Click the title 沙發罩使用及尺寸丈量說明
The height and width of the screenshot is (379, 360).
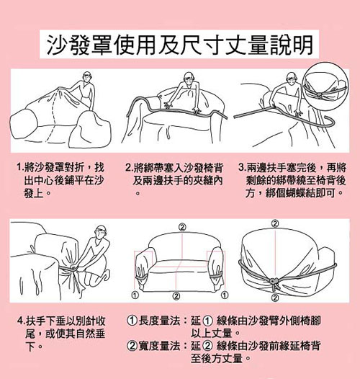click(x=179, y=45)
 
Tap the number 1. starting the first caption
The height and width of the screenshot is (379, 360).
click(x=20, y=167)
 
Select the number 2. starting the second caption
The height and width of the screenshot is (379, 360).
click(x=130, y=167)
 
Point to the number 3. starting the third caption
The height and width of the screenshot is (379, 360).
click(x=242, y=167)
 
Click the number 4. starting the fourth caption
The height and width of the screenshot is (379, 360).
click(x=22, y=321)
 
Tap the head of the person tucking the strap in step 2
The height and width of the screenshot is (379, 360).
click(x=189, y=77)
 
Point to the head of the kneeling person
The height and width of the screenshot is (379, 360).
click(x=101, y=230)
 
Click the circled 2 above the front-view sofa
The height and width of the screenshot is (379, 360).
click(x=183, y=227)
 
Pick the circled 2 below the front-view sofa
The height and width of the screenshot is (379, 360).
click(x=176, y=295)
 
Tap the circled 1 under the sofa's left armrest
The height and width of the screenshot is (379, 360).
click(x=135, y=295)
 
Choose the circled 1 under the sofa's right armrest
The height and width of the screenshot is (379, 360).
click(x=225, y=295)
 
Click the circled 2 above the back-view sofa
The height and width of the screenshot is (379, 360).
click(x=275, y=223)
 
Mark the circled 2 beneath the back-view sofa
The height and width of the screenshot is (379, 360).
click(x=275, y=298)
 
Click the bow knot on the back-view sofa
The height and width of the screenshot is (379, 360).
click(x=274, y=282)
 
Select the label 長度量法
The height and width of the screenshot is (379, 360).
click(x=160, y=321)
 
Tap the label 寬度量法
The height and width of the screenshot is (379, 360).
click(x=160, y=346)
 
